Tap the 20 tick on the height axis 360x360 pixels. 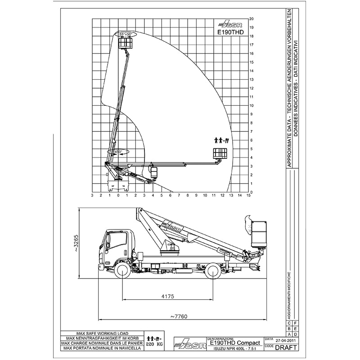pos(252,19)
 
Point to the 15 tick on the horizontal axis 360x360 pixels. pos(248,195)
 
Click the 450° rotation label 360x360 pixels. pos(119,152)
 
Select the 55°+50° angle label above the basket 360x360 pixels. pos(126,34)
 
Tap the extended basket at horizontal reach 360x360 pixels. pos(220,153)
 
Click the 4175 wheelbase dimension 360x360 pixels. pos(167,297)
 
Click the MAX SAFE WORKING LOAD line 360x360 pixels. pos(103,334)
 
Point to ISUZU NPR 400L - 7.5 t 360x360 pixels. pos(232,349)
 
